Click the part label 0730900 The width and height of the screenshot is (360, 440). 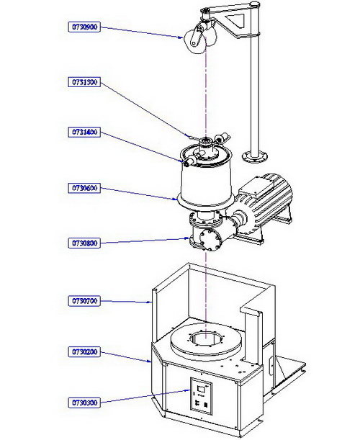coord(84,27)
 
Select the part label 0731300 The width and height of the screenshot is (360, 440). coord(84,82)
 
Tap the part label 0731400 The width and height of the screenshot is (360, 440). coord(84,132)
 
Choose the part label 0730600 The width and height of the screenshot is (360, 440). coord(84,188)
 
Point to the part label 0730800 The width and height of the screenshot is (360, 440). coord(84,243)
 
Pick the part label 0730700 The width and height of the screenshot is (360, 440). coord(84,301)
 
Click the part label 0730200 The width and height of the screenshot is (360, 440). coord(84,351)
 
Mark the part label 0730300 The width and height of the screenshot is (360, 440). coord(84,403)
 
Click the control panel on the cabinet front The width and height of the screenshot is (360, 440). coord(201,395)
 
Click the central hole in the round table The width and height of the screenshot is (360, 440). coord(206,338)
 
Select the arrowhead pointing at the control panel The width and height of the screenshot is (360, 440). coord(189,390)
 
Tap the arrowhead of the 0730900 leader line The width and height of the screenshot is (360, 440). coord(181,37)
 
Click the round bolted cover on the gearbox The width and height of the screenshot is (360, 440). coord(210,238)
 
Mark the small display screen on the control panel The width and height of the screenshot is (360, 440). coord(201,389)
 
